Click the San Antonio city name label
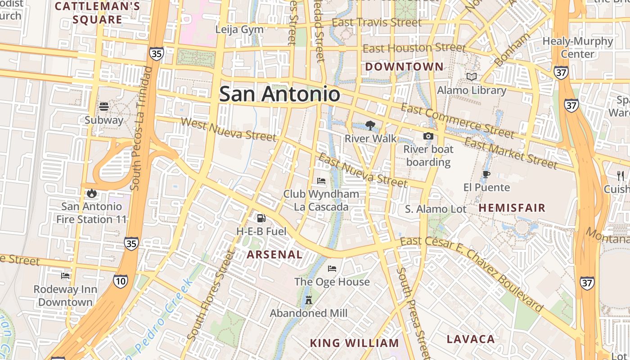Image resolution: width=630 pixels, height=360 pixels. (279, 94)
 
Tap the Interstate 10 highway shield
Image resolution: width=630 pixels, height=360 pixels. (120, 282)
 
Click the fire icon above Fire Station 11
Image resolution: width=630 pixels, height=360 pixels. (92, 193)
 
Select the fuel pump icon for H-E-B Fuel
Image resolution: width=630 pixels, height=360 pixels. (261, 219)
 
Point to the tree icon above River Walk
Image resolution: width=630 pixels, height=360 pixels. (370, 125)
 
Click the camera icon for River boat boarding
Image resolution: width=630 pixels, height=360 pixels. (428, 136)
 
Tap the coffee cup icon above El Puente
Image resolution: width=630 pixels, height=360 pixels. (486, 174)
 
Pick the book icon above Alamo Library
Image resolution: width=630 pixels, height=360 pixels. (472, 77)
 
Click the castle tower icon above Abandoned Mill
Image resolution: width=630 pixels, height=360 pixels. (309, 300)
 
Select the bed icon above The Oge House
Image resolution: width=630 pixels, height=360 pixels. (332, 269)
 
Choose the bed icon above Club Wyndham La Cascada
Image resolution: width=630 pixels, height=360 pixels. (321, 181)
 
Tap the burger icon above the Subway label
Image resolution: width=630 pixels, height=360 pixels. (104, 107)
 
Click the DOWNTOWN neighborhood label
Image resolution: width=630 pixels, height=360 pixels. (404, 67)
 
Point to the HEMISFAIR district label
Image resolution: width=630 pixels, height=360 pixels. (512, 208)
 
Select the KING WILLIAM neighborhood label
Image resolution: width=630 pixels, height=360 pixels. (354, 343)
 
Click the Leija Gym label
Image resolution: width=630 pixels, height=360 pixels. (239, 30)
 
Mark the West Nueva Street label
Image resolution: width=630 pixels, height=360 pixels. (228, 129)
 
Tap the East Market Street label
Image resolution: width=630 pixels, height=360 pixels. (511, 153)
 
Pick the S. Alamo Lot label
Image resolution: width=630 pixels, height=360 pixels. (436, 209)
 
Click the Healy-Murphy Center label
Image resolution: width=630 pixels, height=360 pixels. (578, 47)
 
